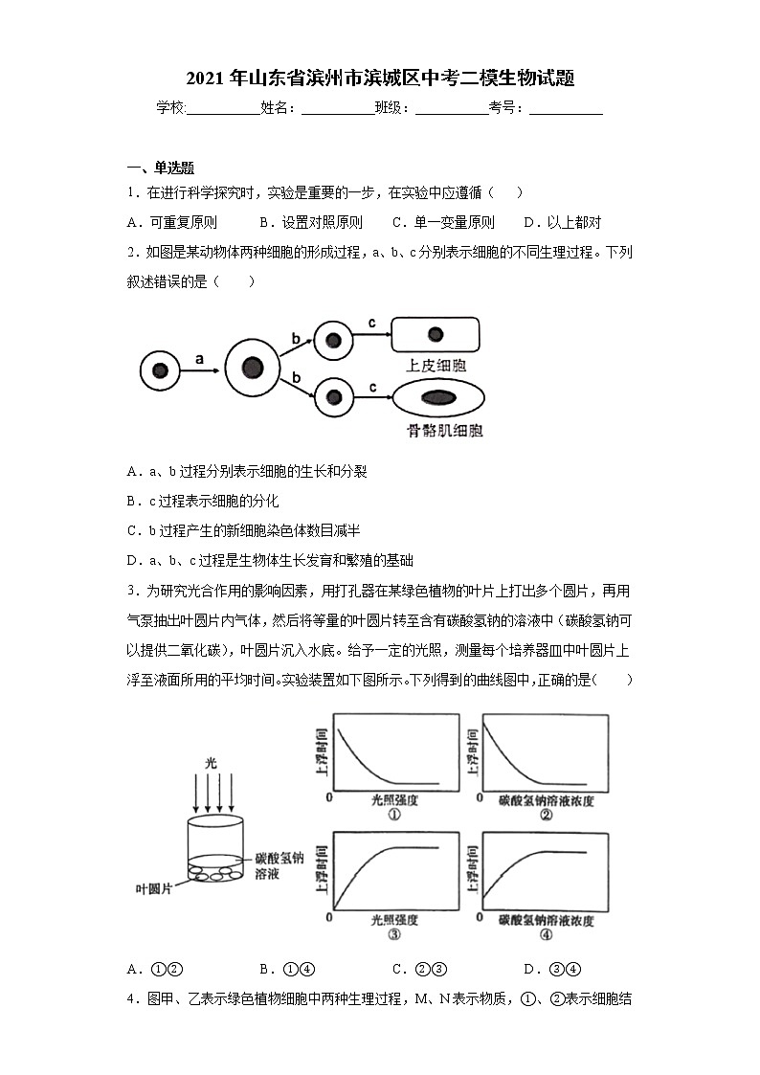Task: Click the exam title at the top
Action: (380, 78)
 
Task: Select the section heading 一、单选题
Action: (161, 168)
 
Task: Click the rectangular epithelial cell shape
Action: (436, 334)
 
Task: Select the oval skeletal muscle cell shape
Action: (437, 397)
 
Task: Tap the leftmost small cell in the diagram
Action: (160, 370)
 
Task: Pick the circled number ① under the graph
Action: (393, 815)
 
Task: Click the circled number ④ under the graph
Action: (547, 935)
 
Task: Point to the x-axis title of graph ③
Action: (393, 920)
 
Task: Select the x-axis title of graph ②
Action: (547, 799)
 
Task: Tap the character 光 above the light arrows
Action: (212, 763)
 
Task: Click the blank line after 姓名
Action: (338, 108)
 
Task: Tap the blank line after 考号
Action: (566, 108)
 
